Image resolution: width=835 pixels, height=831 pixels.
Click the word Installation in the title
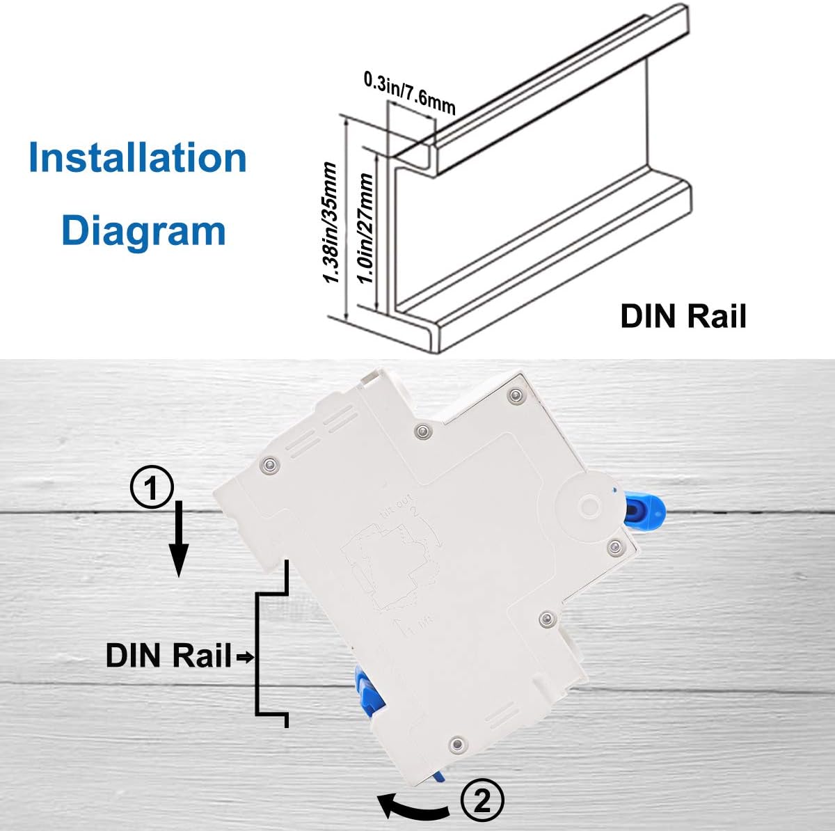(x=138, y=158)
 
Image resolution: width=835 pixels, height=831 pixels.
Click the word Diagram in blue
(x=143, y=231)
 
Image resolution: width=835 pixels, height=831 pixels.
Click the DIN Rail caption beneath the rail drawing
(x=683, y=316)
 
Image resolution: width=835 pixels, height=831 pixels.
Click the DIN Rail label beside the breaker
(x=168, y=656)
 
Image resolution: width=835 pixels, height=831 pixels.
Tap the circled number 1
(x=151, y=486)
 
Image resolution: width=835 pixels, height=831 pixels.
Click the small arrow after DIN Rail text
(x=245, y=656)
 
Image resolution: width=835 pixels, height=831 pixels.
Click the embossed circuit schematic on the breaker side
(x=390, y=564)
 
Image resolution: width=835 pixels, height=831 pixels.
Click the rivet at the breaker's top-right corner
(x=515, y=395)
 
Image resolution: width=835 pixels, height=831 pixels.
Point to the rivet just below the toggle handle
(x=614, y=547)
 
